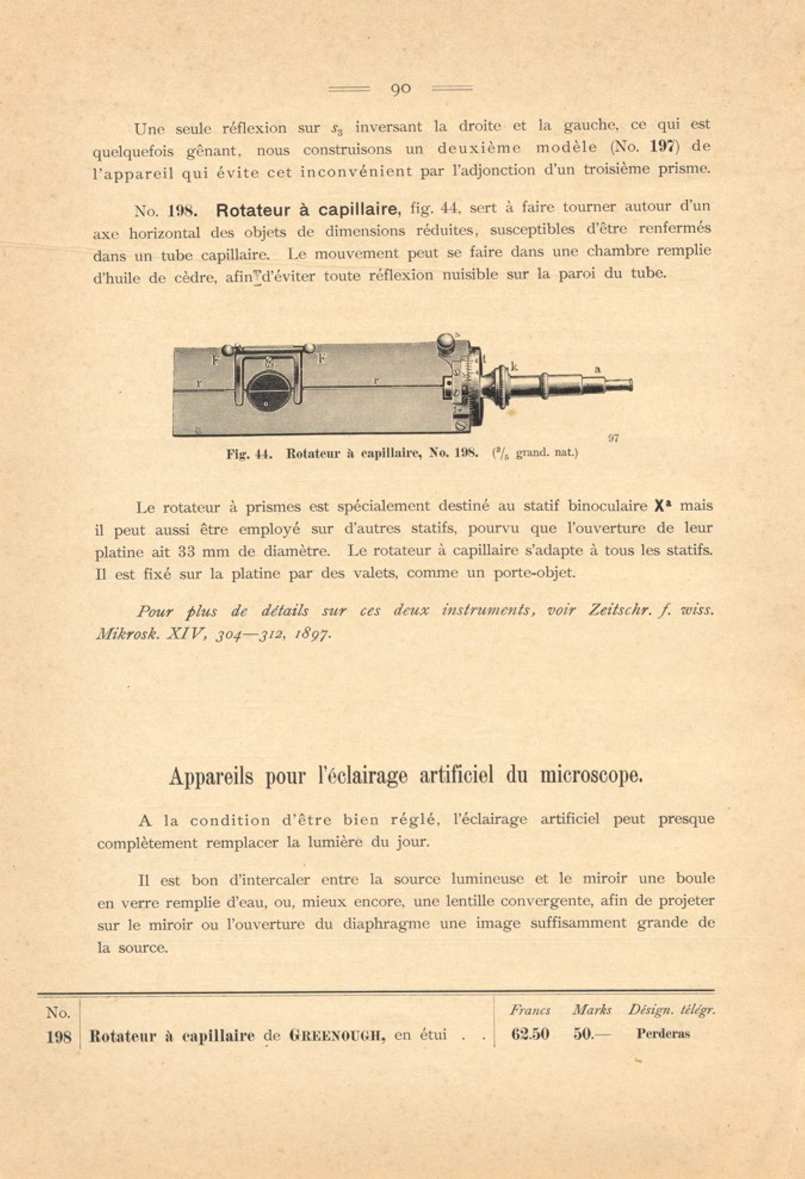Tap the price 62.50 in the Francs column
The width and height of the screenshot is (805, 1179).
coord(530,1034)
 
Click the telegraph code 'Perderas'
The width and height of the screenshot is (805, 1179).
coord(663,1034)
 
